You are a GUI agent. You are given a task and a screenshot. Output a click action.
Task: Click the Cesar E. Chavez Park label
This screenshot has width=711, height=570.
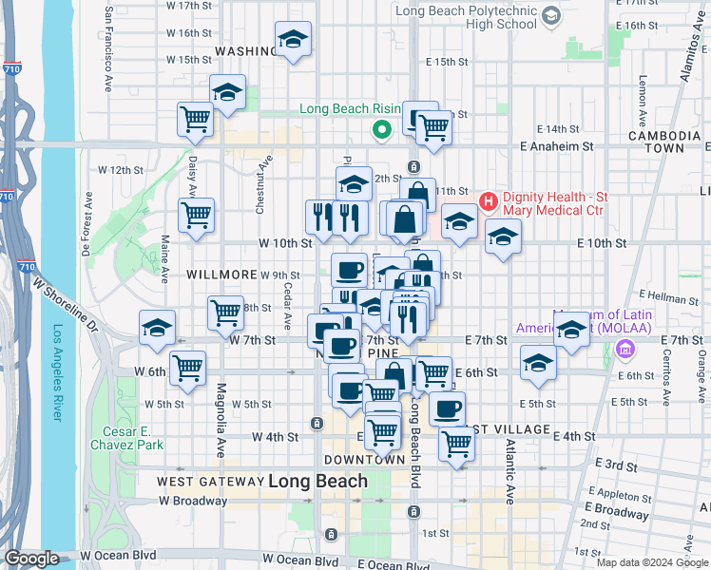click(x=126, y=436)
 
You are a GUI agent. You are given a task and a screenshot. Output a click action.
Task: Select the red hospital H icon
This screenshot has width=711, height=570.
click(x=489, y=200)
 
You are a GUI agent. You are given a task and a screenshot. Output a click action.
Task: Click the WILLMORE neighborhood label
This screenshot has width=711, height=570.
click(x=221, y=274)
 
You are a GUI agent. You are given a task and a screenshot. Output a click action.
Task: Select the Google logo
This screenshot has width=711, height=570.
click(x=32, y=559)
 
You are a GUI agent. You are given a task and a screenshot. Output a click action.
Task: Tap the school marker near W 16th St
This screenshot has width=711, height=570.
click(x=292, y=41)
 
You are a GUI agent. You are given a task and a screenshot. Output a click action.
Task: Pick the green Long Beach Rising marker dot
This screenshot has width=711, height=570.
click(x=382, y=129)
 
